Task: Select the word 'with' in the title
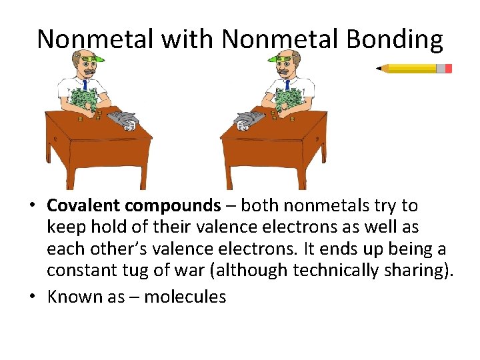(x=177, y=39)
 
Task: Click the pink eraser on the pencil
(x=448, y=69)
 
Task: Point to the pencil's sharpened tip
(x=379, y=68)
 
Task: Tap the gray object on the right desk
(x=246, y=119)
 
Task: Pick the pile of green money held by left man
(x=83, y=100)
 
